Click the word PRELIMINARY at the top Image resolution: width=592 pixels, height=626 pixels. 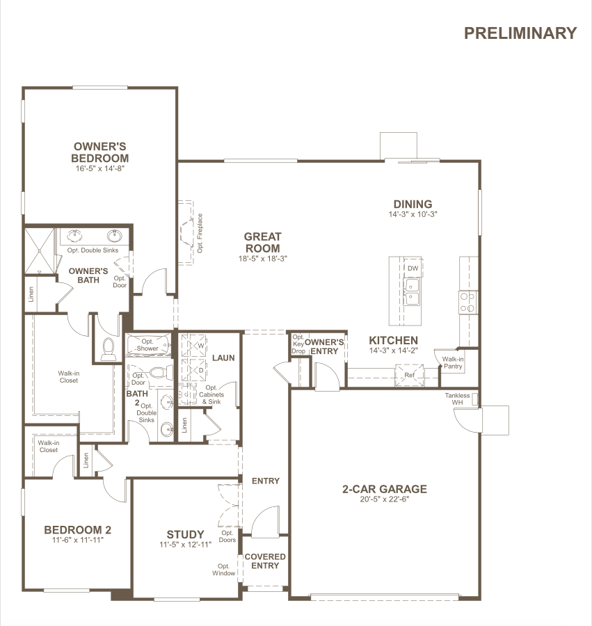[x=520, y=33]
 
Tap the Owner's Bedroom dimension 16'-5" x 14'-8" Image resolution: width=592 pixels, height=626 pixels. [x=100, y=168]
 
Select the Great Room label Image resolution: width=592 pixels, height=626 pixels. [x=263, y=242]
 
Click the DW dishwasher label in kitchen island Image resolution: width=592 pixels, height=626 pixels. [x=413, y=268]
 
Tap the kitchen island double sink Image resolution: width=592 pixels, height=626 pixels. [x=411, y=292]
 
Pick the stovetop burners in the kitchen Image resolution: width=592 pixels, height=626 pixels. [x=467, y=303]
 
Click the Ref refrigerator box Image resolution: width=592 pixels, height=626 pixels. [x=409, y=376]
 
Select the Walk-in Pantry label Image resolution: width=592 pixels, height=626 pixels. [x=453, y=362]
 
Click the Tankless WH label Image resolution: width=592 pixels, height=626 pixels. [x=458, y=399]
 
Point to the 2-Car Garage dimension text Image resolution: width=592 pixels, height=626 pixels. [x=385, y=499]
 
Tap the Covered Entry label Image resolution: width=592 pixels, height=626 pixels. [x=265, y=561]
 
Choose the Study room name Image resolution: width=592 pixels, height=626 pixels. [x=185, y=534]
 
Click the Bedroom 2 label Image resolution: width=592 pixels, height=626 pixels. [x=77, y=530]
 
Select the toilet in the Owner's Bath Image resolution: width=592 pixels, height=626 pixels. [x=109, y=349]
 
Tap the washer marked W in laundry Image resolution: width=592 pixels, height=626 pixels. [x=193, y=345]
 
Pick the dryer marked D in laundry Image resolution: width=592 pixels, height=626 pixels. [x=193, y=370]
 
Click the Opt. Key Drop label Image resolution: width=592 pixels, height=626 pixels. [x=298, y=344]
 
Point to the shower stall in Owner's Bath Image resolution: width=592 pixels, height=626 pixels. [x=40, y=251]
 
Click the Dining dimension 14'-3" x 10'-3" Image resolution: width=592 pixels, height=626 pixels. [x=413, y=214]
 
